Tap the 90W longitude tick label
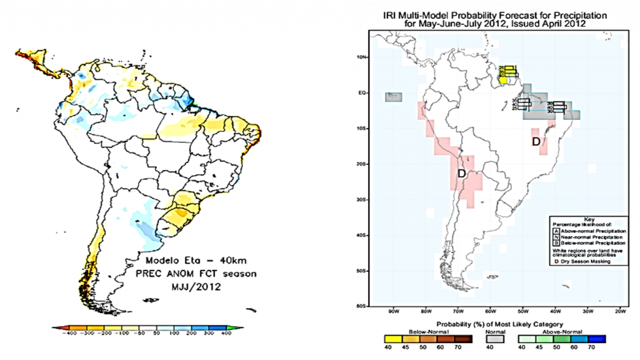(393, 311)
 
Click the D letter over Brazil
(536, 142)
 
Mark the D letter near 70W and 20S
(462, 173)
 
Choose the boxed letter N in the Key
(554, 237)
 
